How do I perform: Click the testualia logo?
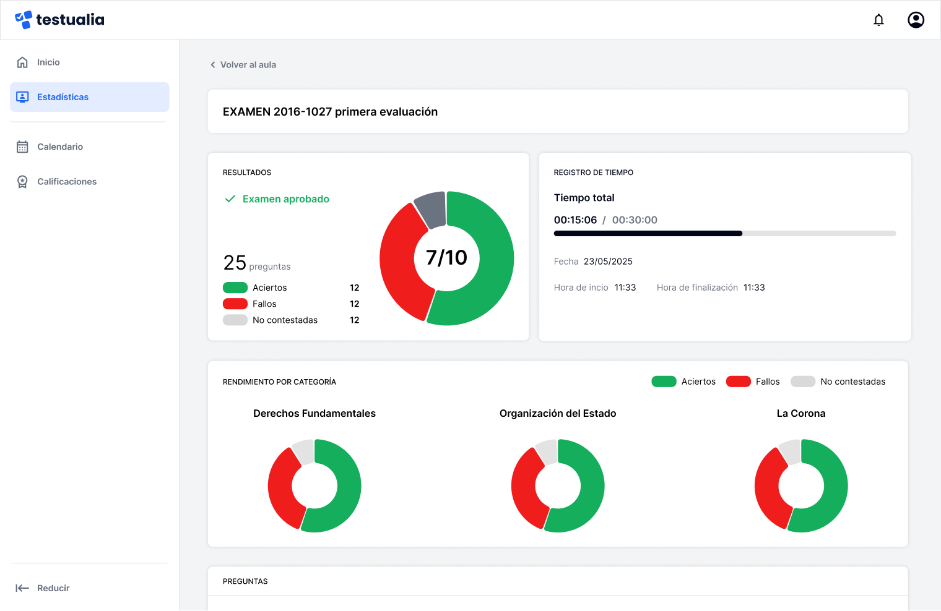pos(59,20)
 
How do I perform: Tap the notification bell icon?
pos(878,20)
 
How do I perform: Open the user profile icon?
pos(916,20)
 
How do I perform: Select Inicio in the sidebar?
pos(48,62)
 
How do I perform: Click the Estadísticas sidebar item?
pos(63,97)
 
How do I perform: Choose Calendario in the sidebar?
pos(59,147)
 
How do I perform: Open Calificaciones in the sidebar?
pos(66,182)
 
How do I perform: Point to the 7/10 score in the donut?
pos(446,258)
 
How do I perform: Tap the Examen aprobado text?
pos(285,199)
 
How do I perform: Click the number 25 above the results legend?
pos(235,263)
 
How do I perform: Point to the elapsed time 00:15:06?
pos(575,220)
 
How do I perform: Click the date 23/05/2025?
pos(608,262)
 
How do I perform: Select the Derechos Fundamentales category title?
pos(314,414)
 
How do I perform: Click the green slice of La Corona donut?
pos(833,489)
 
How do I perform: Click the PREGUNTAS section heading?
pos(245,581)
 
